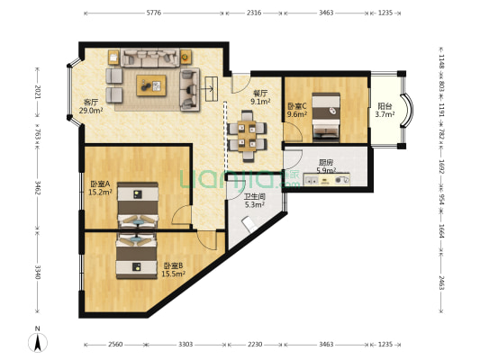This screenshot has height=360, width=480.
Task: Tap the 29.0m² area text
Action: [x=91, y=111]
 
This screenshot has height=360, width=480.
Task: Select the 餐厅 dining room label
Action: [x=260, y=93]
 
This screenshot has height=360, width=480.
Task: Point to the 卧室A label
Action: [x=100, y=184]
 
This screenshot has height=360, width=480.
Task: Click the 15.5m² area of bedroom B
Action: [x=173, y=274]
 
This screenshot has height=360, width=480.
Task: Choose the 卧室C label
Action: [x=297, y=106]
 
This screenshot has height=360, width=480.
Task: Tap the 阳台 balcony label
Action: [x=385, y=106]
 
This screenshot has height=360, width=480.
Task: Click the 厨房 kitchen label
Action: [x=326, y=162]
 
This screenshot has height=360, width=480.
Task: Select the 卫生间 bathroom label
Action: [x=254, y=196]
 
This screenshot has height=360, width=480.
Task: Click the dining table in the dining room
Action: [x=247, y=136]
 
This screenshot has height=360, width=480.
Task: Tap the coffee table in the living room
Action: [x=151, y=85]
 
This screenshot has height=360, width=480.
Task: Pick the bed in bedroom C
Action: [x=326, y=118]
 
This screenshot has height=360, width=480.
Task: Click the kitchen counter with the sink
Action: [x=326, y=179]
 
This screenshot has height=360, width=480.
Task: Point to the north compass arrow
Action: [x=38, y=343]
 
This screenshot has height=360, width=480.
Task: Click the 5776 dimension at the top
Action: [x=154, y=13]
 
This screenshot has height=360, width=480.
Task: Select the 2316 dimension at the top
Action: [x=254, y=13]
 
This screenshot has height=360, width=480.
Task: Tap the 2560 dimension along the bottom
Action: [x=115, y=345]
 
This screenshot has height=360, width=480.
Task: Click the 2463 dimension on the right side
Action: [x=441, y=283]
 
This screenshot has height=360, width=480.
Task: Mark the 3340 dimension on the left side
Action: [x=38, y=272]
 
